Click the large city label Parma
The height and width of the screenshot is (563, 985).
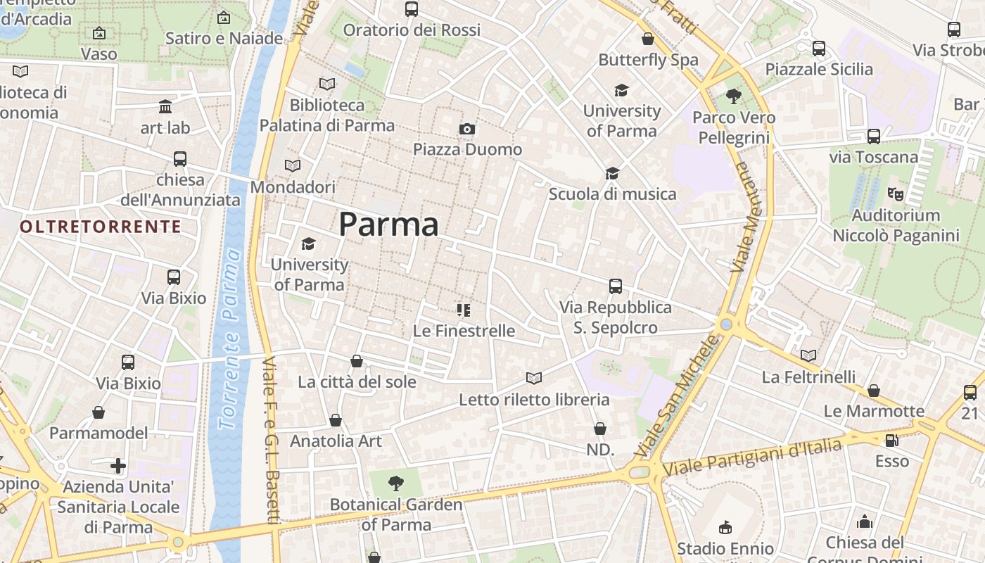[388, 224]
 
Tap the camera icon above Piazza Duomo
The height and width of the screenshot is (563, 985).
[467, 129]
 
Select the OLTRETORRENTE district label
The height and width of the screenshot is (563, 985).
[101, 227]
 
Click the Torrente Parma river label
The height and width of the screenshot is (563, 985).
[229, 338]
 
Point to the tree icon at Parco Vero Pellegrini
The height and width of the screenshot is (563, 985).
[734, 96]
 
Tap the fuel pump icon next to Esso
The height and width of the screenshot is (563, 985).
[891, 441]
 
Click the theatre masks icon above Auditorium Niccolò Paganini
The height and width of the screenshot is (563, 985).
[895, 193]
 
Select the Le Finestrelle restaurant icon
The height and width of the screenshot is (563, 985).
[463, 310]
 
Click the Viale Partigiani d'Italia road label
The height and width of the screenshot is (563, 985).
[752, 456]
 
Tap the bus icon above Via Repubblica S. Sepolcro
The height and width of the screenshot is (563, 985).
[616, 286]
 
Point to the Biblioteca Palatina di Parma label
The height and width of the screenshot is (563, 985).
[327, 115]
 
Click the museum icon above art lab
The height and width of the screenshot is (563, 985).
[165, 107]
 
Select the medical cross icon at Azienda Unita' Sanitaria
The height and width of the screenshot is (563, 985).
[118, 465]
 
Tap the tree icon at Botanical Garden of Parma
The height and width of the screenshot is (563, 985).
[396, 483]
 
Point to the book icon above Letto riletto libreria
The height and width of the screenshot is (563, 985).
[534, 379]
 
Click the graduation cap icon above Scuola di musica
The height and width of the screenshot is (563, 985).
[612, 173]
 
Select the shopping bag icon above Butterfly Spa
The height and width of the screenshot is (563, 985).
[648, 39]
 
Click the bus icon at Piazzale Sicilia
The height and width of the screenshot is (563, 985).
[819, 49]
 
